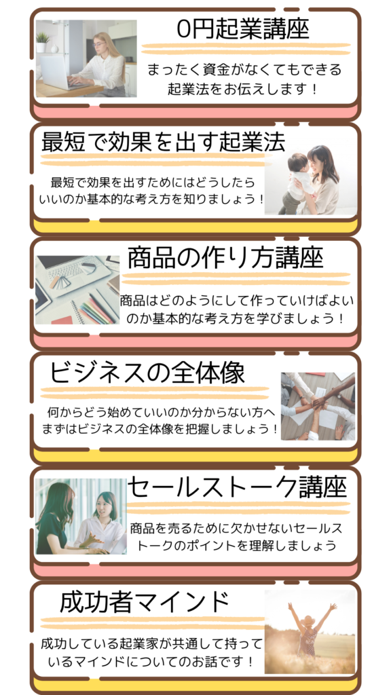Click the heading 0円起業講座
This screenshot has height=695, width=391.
pyautogui.click(x=242, y=29)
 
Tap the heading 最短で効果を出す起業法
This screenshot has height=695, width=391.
pyautogui.click(x=163, y=142)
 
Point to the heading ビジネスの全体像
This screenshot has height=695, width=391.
pyautogui.click(x=147, y=373)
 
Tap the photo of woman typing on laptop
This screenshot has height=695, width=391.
pyautogui.click(x=86, y=58)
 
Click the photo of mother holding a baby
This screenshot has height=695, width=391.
pyautogui.click(x=311, y=180)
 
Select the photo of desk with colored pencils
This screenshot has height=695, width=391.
pyautogui.click(x=77, y=290)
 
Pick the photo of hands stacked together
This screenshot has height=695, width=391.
pyautogui.click(x=318, y=406)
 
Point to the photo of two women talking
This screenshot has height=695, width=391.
pyautogui.click(x=81, y=516)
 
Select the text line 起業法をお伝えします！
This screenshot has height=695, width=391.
pyautogui.click(x=242, y=90)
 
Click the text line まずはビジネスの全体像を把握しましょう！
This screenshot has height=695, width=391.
pyautogui.click(x=160, y=429)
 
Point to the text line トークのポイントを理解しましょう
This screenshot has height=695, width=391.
pyautogui.click(x=237, y=545)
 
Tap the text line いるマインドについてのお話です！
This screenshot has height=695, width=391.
pyautogui.click(x=151, y=662)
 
